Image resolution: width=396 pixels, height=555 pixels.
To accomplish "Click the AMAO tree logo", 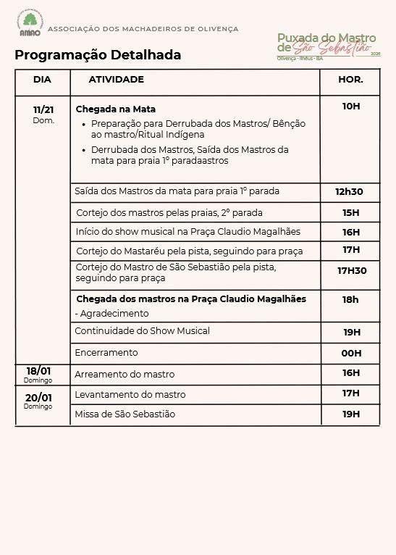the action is pos(30,24).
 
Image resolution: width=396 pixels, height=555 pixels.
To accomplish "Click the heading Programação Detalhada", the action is pos(98,55).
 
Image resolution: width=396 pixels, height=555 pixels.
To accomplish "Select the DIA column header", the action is pos(43,80).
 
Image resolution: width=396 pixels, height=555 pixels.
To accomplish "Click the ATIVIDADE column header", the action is pos(117,80).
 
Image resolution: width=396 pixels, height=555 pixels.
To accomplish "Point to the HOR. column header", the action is pos(350,80).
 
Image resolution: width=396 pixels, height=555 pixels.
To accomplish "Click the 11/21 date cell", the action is pos(43,113).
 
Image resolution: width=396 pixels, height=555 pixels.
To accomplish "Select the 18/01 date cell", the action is pos(38,373).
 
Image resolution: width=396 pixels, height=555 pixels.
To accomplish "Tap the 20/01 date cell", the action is pos(38,400).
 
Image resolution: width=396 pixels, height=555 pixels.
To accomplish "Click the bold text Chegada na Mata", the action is pos(116,109).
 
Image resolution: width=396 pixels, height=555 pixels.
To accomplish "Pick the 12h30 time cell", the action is pos(349,192).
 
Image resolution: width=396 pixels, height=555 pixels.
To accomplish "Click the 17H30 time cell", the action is pos(352,271).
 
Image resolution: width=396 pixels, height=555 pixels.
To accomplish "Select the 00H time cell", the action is pos(352,354).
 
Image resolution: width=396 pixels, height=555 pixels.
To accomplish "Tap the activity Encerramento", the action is pos(106,353).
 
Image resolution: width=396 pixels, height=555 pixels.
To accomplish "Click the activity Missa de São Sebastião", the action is pos(125,414).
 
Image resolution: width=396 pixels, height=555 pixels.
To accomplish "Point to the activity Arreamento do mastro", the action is pos(125,375).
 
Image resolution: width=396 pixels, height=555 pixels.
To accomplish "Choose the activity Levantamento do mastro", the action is pos(130,395).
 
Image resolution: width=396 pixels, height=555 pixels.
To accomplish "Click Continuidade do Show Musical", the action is pos(142,331).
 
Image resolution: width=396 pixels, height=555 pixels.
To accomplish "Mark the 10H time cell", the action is pos(351,107).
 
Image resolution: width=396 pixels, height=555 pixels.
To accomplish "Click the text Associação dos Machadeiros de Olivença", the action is pos(143,29).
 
